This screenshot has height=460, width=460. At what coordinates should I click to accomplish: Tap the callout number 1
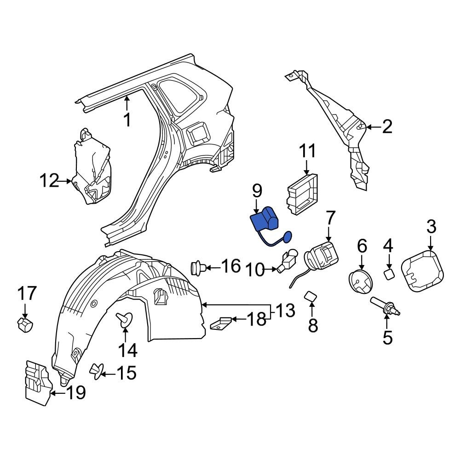[127, 120]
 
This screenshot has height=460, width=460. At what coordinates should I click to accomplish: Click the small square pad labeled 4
[389, 275]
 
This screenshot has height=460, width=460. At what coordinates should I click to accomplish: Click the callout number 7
[331, 218]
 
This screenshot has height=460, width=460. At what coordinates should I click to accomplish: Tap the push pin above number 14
[125, 318]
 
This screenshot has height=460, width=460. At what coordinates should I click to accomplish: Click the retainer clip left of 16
[198, 267]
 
